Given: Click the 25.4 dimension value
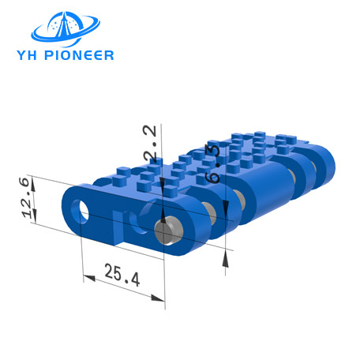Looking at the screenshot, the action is click(122, 275).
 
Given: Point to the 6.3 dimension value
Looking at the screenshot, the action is click(212, 163).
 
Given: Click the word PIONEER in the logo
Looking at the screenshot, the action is click(79, 55).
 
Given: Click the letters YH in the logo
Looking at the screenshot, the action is click(27, 55).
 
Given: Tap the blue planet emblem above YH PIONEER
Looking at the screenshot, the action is click(66, 28).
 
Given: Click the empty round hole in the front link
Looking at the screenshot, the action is click(81, 212).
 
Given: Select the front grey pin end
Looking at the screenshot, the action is click(169, 231).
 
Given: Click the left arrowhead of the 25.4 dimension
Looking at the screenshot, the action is click(88, 278).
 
